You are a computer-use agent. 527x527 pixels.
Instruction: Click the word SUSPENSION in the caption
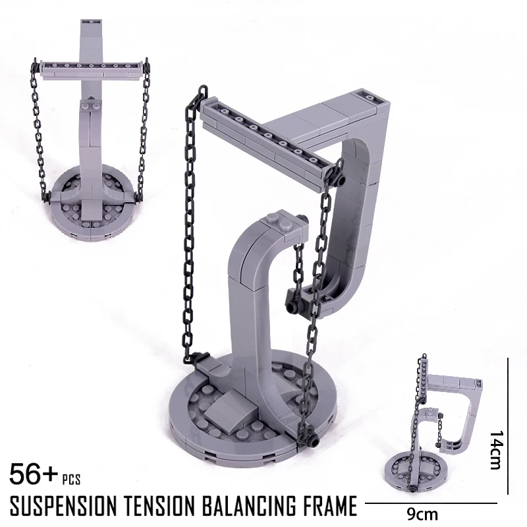(x=64, y=506)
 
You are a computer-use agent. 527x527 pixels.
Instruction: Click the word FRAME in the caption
(x=330, y=506)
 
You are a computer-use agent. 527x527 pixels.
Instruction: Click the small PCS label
(x=71, y=480)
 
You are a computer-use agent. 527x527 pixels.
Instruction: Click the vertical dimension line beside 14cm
(x=508, y=426)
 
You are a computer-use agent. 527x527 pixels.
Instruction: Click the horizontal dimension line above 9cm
(x=431, y=503)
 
